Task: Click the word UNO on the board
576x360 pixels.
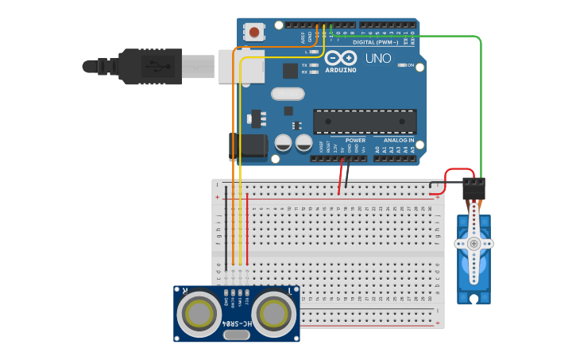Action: tap(378, 58)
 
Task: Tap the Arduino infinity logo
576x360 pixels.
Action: tap(341, 58)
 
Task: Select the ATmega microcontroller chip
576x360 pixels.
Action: tap(365, 122)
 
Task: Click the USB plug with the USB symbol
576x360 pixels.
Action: tap(151, 67)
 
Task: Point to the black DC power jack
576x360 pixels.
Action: tap(248, 147)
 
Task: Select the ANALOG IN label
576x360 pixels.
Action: tap(394, 140)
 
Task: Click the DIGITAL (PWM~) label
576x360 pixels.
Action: tap(374, 42)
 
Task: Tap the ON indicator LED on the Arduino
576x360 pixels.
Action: tap(402, 65)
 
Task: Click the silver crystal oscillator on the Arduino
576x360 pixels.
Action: tap(287, 94)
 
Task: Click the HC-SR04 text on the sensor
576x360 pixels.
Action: tap(236, 324)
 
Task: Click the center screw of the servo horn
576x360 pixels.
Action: tap(474, 244)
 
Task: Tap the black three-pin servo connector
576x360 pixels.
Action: tap(474, 188)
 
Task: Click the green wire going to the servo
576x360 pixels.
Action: tap(481, 103)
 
